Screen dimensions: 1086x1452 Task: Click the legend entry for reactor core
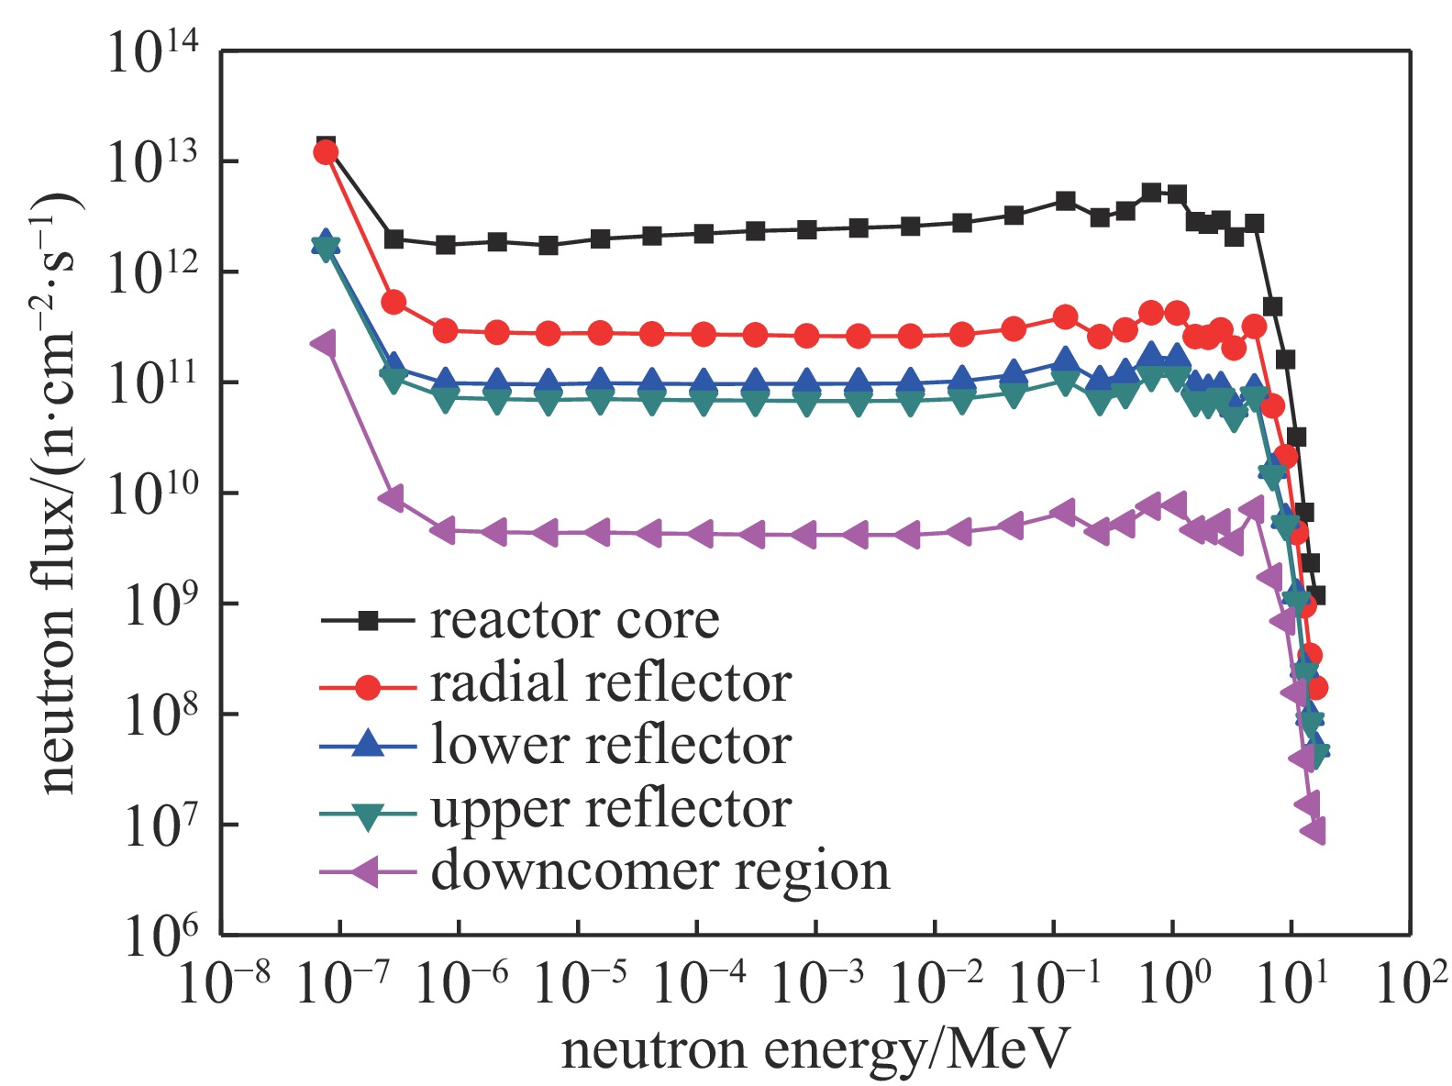pos(574,621)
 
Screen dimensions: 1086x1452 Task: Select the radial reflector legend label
pos(611,683)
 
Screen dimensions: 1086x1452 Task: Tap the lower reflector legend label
pos(611,745)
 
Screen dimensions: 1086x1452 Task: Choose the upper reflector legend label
pos(611,808)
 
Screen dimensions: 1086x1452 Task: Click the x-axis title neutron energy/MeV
pos(815,1048)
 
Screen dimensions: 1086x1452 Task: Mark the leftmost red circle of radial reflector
pos(326,152)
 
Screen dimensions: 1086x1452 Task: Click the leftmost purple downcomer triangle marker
pos(324,344)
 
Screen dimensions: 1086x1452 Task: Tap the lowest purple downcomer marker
pos(1313,831)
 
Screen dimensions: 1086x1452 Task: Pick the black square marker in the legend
pos(368,621)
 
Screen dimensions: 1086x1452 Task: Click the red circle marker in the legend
pos(368,684)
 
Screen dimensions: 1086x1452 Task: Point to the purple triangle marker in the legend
pos(366,870)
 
